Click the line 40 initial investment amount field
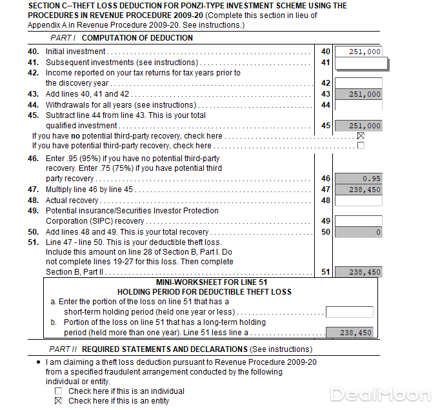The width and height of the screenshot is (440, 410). point(358,52)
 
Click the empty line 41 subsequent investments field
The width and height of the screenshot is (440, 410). point(361,63)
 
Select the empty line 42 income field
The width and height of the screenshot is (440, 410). point(358,83)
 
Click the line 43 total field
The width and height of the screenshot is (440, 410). point(358,94)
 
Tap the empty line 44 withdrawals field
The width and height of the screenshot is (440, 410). point(358,104)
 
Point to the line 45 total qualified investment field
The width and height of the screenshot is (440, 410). point(358,126)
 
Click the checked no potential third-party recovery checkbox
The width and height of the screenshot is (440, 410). point(361,136)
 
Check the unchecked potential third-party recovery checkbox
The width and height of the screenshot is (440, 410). point(361,146)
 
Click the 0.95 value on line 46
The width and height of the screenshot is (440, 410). point(358,179)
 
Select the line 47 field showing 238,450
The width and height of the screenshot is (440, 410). point(358,190)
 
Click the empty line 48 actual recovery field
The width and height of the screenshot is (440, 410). point(358,200)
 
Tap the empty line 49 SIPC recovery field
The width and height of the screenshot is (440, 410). point(358,221)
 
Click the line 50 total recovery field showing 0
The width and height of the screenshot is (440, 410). point(358,232)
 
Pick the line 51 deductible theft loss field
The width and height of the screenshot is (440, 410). point(358,272)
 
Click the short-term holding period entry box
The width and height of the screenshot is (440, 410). point(349,312)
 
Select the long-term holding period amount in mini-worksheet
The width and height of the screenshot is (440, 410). point(349,333)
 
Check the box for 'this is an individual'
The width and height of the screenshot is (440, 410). point(59,391)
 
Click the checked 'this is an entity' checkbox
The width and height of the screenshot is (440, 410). point(59,400)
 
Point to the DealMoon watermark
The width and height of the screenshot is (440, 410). point(380,395)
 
